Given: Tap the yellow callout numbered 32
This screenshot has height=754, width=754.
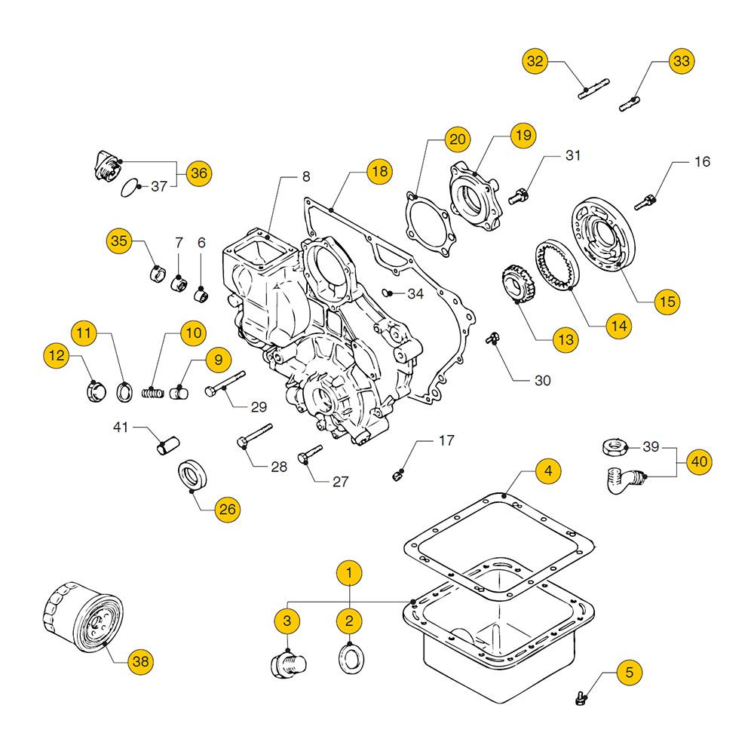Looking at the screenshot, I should click(535, 63).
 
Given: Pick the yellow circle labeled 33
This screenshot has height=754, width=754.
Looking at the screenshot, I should click(681, 63).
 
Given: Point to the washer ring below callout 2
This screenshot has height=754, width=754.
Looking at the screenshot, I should click(349, 656).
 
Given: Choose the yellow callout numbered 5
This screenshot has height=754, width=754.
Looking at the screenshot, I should click(630, 672).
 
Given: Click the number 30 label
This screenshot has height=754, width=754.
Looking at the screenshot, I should click(542, 381).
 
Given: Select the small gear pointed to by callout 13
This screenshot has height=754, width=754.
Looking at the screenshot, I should click(516, 287).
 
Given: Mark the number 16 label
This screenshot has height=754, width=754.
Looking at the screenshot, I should click(702, 161).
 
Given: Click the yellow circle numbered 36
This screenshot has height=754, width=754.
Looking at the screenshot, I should click(198, 173).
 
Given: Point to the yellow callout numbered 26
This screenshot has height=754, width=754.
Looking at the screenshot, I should click(226, 510).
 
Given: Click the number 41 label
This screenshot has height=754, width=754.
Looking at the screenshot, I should click(121, 428).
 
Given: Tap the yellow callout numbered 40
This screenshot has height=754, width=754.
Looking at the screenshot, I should click(699, 461).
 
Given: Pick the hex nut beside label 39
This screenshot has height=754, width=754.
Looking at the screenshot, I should click(614, 448).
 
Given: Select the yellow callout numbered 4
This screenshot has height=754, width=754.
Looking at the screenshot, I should click(548, 471).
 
